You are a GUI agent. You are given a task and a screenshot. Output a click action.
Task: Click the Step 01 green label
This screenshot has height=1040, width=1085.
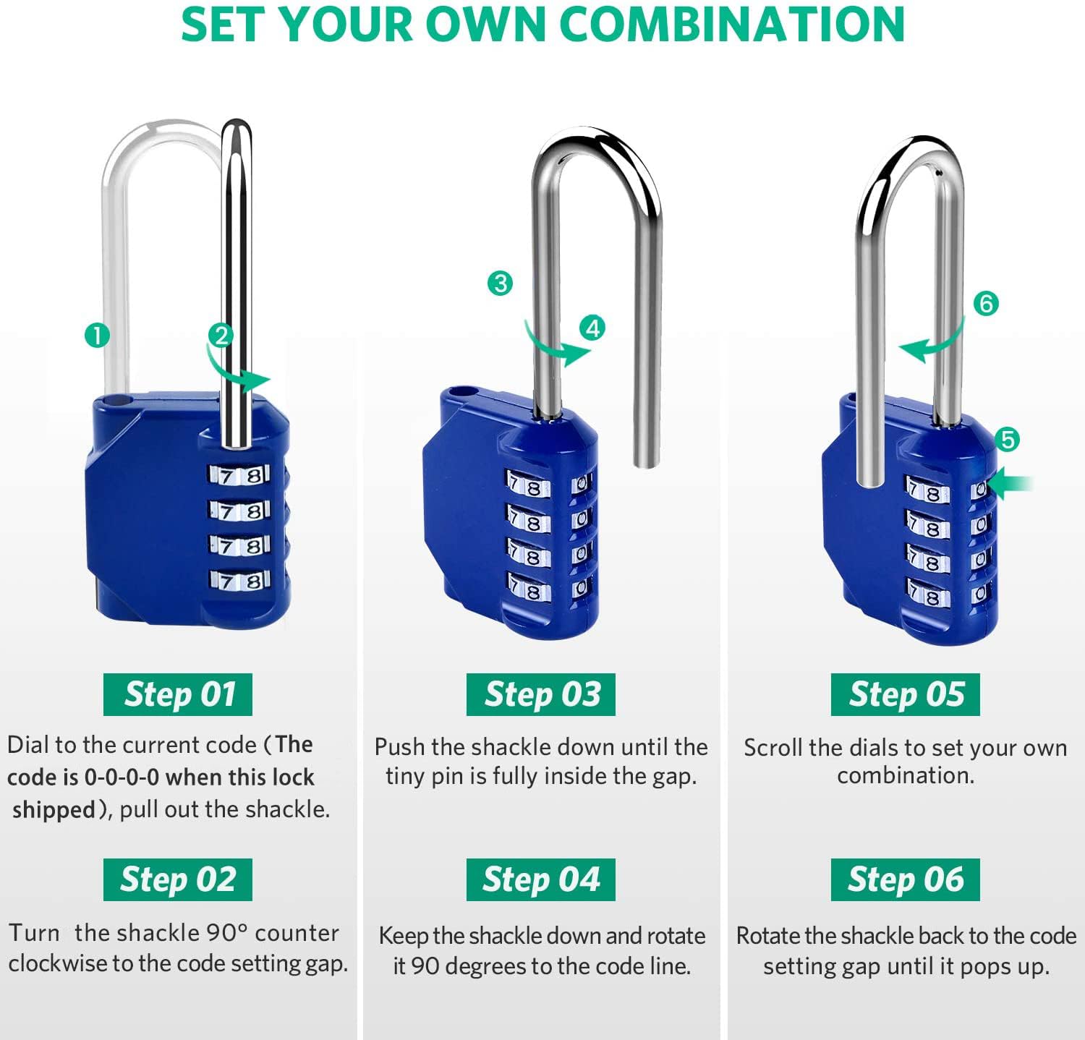178,694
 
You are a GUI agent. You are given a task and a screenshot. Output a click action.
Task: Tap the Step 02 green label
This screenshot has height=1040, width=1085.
178,879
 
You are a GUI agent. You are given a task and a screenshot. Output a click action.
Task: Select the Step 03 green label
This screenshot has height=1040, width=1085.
541,694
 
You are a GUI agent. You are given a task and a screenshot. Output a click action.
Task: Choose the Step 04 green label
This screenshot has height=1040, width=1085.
541,879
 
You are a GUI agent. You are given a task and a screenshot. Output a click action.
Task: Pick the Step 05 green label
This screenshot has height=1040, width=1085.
906,694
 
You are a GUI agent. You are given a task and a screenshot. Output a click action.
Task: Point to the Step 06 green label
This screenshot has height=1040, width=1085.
906,879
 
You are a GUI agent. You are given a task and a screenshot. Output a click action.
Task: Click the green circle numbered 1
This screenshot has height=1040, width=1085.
97,336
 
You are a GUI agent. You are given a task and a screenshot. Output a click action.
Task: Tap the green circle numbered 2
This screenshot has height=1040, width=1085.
221,336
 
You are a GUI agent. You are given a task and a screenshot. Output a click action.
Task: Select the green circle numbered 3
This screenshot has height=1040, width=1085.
500,283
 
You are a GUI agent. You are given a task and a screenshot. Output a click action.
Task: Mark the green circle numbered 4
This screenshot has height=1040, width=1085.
593,328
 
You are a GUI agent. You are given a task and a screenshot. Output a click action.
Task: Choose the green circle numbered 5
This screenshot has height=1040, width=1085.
1007,439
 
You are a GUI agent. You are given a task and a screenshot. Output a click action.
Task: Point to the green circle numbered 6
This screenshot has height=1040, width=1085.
986,303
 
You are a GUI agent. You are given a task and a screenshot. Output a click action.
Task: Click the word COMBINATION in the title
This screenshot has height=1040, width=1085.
732,25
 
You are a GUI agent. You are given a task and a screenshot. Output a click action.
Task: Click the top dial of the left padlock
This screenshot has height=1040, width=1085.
239,475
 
